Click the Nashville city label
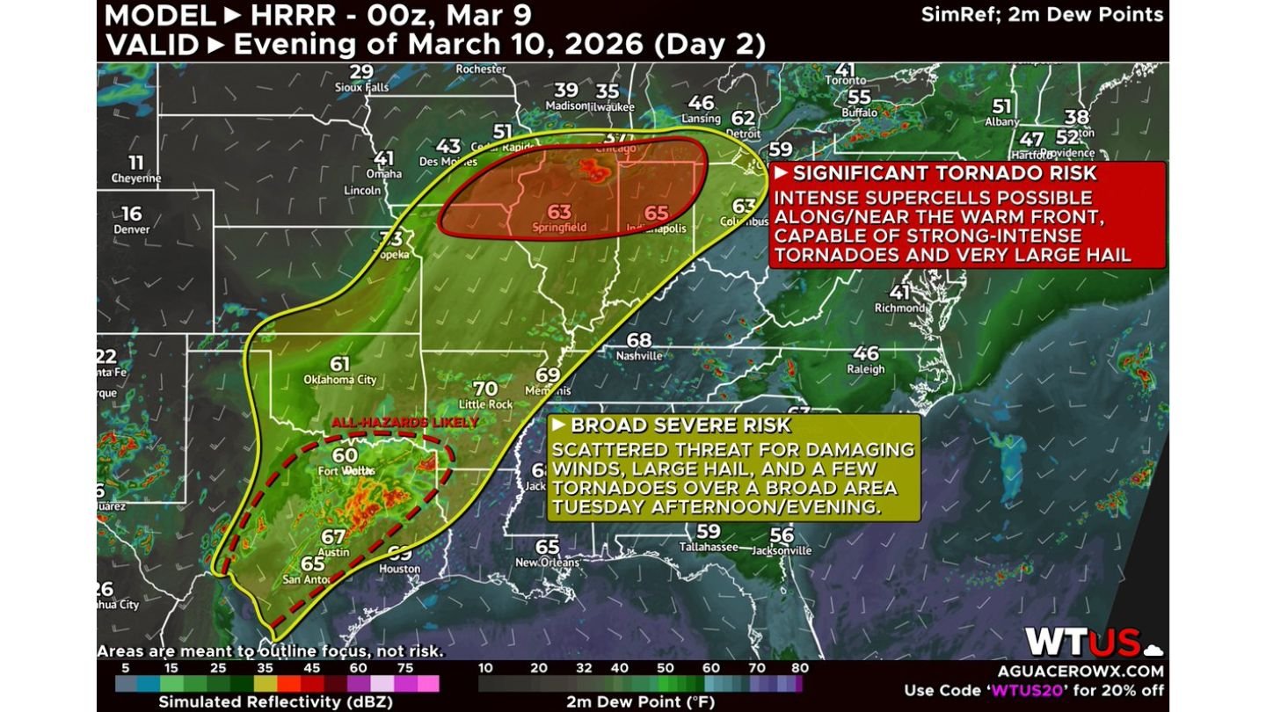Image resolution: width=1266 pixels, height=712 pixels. tap(639, 356)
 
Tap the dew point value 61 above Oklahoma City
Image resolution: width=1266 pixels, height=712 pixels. tap(340, 364)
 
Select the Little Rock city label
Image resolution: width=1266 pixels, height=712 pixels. tap(485, 403)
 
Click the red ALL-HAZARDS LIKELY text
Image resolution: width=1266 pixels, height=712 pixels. tap(404, 423)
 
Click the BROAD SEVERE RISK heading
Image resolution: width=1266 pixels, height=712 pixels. tap(681, 426)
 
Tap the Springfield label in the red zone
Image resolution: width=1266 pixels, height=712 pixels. tap(559, 228)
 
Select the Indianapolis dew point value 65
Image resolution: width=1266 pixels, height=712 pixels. tap(657, 213)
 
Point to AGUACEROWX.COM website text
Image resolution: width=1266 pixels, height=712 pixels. tap(1080, 671)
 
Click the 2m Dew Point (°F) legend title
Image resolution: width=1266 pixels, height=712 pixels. tap(639, 701)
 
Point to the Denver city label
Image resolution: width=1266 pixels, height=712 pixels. tap(131, 229)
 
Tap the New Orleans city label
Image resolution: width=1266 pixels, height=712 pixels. tap(547, 563)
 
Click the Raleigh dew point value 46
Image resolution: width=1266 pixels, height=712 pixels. tap(866, 353)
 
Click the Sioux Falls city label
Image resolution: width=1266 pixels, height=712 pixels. tap(360, 87)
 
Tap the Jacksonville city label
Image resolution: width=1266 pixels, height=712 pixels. tap(782, 550)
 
